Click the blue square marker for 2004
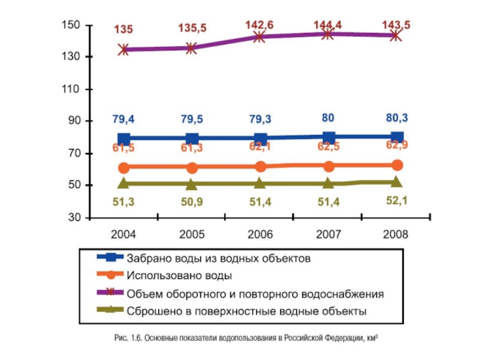point(124,138)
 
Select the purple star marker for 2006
point(260,37)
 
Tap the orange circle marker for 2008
point(397,165)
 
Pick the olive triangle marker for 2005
point(192,184)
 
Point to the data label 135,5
point(192,28)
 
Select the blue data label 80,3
point(397,117)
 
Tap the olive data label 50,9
point(192,202)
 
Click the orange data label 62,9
point(397,145)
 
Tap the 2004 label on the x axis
point(124,235)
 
